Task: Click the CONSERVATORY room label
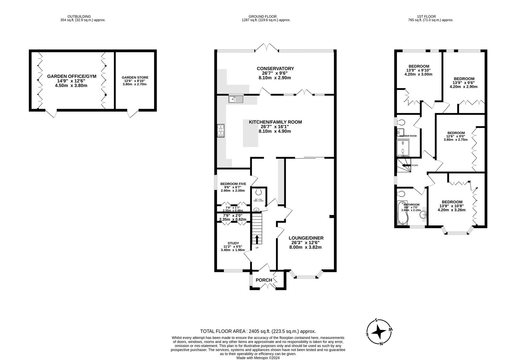(275, 69)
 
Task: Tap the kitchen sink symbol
(236, 99)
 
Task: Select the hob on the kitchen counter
(221, 130)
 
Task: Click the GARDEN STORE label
(135, 77)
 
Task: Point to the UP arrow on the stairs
(257, 240)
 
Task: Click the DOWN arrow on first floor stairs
(406, 165)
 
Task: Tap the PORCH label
(264, 280)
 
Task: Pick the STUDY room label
(233, 243)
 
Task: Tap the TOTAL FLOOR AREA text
(258, 331)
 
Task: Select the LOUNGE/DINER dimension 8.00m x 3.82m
(306, 247)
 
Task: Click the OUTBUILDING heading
(79, 16)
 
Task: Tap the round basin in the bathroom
(424, 214)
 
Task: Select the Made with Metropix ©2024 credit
(258, 358)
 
